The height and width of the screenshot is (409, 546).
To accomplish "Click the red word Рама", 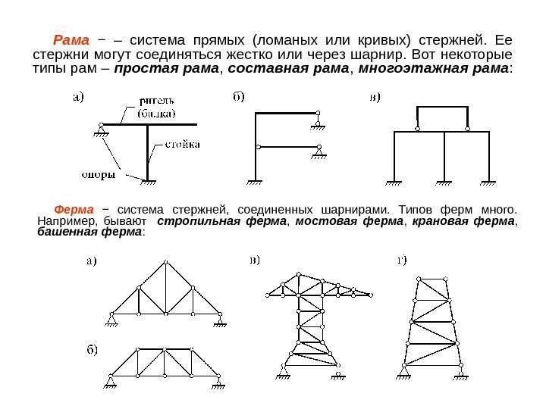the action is [71, 39].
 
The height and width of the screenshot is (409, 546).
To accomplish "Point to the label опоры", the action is [99, 174].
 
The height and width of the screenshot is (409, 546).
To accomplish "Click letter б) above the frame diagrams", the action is [238, 97].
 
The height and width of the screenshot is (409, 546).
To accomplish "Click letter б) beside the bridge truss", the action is [92, 350].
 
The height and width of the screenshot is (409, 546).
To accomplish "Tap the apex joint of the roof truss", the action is [165, 260].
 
